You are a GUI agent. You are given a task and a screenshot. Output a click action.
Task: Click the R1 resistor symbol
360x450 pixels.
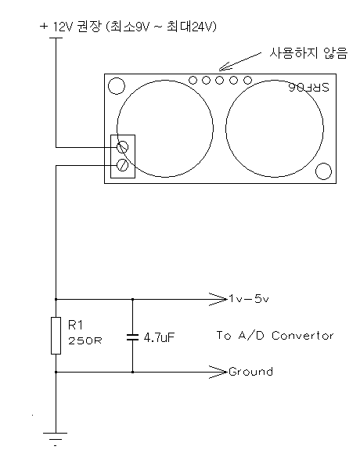point(56,336)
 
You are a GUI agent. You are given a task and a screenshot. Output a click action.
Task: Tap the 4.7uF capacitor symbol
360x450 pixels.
point(132,337)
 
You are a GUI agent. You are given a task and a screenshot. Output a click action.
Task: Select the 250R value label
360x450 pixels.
point(85,340)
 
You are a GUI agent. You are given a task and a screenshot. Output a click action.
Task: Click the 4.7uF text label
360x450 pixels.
point(159,337)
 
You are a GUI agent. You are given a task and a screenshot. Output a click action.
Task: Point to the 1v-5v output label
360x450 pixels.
point(249,299)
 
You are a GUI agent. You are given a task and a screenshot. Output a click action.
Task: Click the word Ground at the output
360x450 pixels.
point(250,372)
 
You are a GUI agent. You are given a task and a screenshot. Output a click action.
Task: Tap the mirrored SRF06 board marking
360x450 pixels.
point(309,88)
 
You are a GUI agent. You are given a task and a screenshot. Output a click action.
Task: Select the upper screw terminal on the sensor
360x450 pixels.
point(122,147)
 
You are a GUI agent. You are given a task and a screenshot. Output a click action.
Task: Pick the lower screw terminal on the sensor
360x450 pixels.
point(122,165)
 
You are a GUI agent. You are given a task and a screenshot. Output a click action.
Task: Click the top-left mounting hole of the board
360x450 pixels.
point(117,86)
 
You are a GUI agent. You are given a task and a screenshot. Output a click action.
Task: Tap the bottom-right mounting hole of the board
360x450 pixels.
point(323,171)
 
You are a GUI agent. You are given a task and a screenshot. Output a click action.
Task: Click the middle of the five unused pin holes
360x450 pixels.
point(219,80)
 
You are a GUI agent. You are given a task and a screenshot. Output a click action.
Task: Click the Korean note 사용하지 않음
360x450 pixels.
point(308,53)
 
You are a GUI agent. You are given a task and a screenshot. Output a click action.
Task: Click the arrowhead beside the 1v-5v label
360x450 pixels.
point(218,299)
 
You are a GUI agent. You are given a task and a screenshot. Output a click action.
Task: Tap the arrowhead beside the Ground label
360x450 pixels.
point(218,373)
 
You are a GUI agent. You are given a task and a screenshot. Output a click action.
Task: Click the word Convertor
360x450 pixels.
point(303,336)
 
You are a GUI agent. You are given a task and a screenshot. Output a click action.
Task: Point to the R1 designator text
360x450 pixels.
point(75,325)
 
